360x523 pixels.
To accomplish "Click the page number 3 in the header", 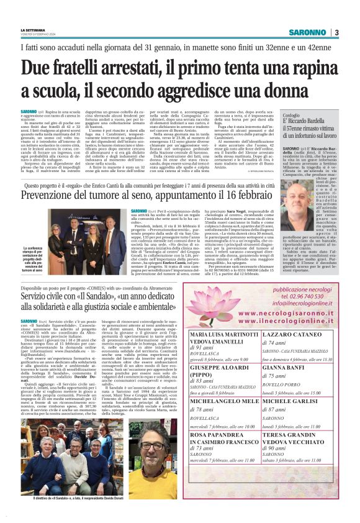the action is coord(336,32).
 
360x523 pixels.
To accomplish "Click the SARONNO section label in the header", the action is coord(309,32).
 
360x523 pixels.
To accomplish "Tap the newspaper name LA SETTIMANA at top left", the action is coord(35,30).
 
